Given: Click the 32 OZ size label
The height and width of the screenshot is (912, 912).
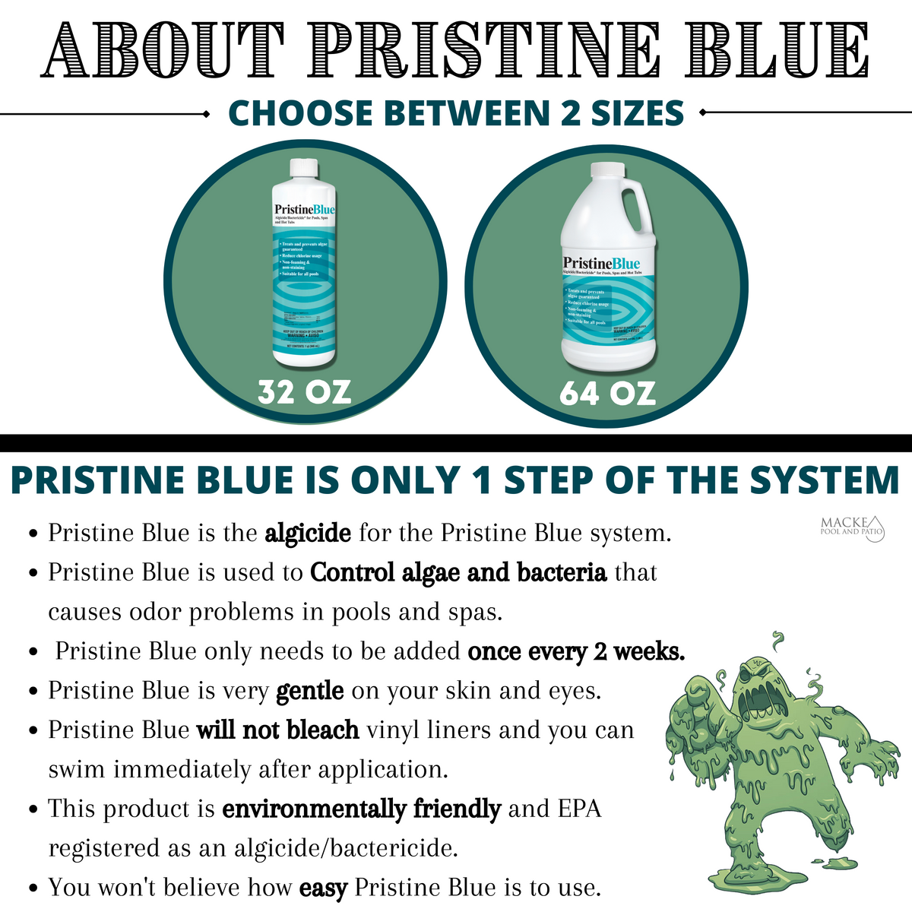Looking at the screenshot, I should pos(304,392).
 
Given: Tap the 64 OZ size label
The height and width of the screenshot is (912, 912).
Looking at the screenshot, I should pos(607,393).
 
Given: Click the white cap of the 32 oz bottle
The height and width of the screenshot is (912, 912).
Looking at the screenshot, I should pos(304,168).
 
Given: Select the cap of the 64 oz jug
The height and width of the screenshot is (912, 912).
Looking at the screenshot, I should pos(606,173).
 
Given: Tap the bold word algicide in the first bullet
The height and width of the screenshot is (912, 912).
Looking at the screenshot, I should pos(308,533).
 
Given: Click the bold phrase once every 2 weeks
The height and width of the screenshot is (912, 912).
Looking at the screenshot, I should pos(576,651).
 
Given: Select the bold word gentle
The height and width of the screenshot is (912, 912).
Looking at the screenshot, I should pos(310,691).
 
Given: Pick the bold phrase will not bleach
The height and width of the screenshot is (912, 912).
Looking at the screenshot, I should pos(277,730).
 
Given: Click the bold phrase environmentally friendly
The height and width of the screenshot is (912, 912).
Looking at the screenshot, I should pos(361,809).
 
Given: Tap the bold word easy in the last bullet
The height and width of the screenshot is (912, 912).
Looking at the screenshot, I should pos(323,888).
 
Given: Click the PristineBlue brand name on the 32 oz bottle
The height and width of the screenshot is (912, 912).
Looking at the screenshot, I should pos(304,209).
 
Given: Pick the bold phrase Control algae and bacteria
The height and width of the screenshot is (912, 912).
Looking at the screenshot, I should pos(458,572).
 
